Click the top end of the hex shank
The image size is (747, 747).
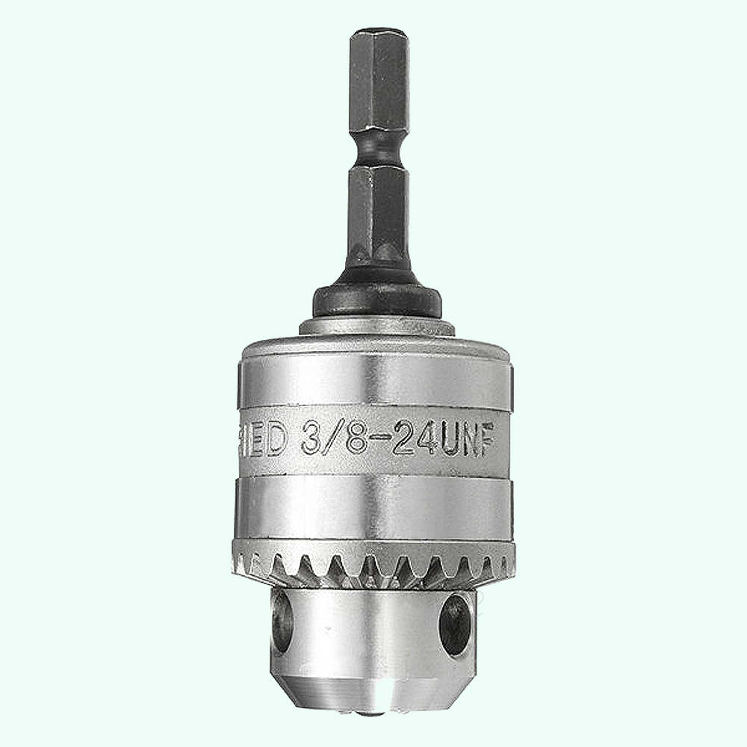click(379, 33)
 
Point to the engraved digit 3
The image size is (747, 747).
click(314, 440)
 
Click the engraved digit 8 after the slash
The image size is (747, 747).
click(356, 440)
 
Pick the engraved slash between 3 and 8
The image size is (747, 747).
click(335, 440)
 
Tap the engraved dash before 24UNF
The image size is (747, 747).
click(382, 440)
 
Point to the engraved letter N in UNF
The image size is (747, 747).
click(475, 439)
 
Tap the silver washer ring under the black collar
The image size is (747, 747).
click(377, 326)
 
